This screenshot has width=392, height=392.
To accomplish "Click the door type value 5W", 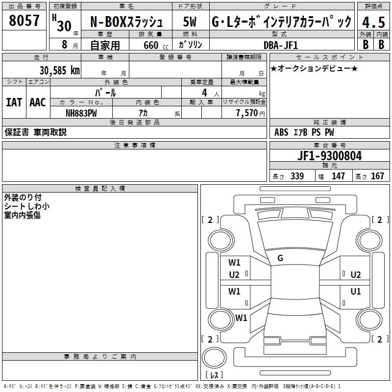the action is (190, 23).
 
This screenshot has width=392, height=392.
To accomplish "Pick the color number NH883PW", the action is (81, 113).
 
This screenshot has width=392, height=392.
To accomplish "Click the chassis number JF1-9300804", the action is (330, 156).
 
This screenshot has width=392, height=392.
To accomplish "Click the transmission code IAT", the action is (14, 102).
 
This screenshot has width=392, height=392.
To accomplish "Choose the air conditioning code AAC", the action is (38, 102).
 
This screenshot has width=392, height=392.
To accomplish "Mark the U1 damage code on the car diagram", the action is (356, 292).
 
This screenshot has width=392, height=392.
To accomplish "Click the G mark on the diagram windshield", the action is (280, 258).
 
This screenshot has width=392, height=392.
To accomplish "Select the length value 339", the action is (297, 176).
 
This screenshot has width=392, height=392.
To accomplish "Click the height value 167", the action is (377, 176).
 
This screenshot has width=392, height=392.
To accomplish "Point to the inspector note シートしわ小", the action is (27, 206).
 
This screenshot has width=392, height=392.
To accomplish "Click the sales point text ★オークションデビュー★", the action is (314, 68).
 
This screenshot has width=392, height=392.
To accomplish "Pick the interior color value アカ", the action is (144, 113).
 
